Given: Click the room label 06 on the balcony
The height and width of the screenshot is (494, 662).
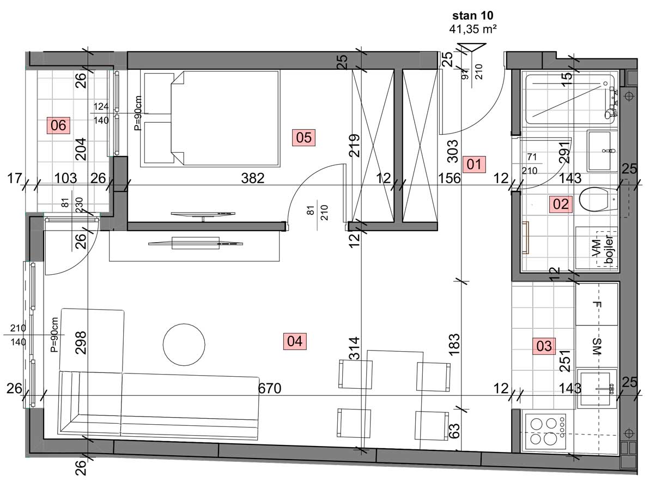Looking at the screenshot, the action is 58,125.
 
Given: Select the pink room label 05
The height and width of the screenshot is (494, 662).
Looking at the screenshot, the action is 303,137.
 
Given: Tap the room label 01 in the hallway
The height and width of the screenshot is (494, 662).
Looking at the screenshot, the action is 474,165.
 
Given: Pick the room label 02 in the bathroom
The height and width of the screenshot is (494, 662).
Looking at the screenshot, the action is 561,204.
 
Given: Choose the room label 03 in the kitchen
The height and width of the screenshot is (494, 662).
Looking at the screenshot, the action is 544,346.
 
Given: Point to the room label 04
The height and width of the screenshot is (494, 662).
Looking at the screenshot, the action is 295,341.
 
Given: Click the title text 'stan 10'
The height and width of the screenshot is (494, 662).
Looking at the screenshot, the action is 472,15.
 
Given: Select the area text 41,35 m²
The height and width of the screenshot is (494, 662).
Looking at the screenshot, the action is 472,29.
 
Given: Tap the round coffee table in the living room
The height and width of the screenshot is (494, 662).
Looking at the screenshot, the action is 184,345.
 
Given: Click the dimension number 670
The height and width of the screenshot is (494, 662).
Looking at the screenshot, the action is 270,388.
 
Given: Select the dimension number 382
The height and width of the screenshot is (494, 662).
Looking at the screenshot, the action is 253,178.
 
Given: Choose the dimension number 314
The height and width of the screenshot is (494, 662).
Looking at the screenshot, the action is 354,348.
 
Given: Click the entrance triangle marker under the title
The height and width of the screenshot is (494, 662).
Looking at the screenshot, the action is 472,49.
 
